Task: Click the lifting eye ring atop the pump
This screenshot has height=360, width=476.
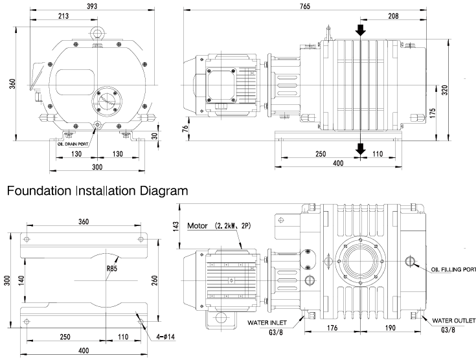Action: click(97, 31)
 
